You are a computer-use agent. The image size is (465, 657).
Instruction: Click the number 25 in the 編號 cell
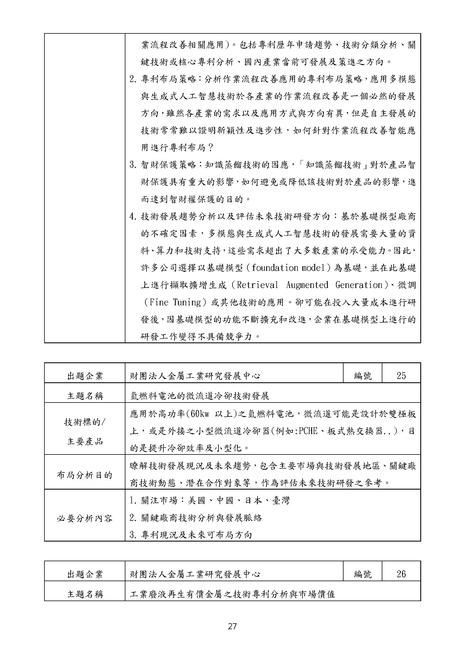pos(401,376)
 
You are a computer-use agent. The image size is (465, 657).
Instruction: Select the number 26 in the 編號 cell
pos(401,574)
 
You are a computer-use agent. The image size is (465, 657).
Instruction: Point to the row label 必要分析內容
pos(84,518)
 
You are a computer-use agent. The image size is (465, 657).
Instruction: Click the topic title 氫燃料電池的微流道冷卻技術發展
pos(200,396)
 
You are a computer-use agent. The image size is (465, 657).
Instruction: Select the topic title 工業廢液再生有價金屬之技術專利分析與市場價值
pos(232,594)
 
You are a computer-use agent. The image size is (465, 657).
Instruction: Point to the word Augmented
pos(307,285)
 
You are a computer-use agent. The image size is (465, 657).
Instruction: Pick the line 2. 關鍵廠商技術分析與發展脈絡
pos(196,518)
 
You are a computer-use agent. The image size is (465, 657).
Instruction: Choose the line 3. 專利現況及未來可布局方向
pos(191,535)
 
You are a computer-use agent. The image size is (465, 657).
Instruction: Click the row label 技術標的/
pos(84,422)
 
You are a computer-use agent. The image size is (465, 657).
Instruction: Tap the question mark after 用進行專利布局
pos(211,148)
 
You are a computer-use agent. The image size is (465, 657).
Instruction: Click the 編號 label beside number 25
pos(362,376)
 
